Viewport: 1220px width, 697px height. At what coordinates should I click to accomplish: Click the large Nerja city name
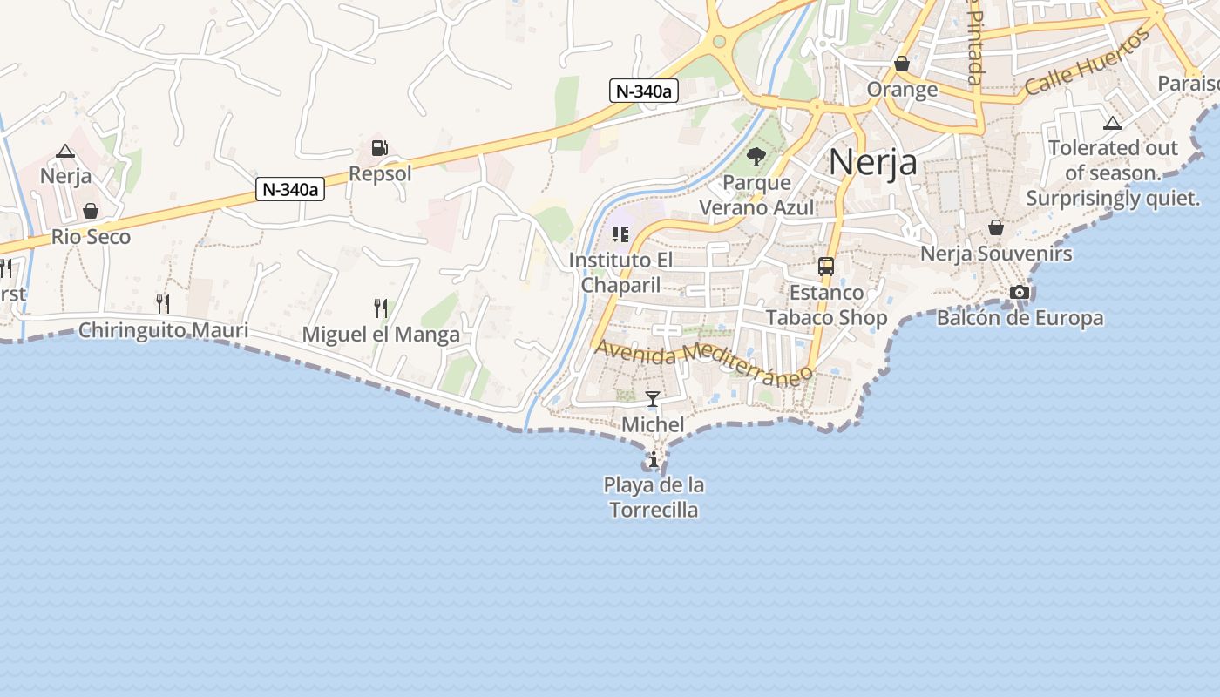[872, 162]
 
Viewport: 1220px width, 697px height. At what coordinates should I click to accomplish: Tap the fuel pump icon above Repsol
[379, 148]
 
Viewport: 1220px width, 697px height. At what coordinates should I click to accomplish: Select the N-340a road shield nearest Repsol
[290, 189]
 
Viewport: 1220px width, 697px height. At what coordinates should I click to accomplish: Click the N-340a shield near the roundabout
[643, 91]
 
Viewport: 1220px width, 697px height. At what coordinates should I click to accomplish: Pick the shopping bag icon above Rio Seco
[91, 211]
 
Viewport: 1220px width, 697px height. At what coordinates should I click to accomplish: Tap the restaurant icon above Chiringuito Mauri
[162, 303]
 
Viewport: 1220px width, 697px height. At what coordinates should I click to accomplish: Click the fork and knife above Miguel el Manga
[381, 308]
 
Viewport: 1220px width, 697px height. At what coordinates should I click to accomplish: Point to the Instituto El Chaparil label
[620, 272]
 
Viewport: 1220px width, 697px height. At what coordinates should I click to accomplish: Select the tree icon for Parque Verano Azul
[756, 157]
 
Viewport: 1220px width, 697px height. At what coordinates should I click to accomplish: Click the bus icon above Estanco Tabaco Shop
[826, 267]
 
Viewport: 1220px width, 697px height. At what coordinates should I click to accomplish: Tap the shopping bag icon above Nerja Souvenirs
[996, 227]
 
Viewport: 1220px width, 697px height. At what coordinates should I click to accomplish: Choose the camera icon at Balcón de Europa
[1020, 292]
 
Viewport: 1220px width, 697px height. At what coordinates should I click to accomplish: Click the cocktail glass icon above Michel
[653, 399]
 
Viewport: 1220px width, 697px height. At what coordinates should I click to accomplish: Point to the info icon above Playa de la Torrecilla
[654, 459]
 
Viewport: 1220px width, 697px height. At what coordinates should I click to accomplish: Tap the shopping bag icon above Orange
[902, 64]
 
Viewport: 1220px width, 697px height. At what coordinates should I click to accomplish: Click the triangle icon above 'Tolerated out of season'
[1112, 123]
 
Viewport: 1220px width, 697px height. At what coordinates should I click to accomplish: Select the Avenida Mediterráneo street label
[704, 359]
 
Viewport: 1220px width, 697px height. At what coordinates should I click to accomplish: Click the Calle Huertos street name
[1088, 63]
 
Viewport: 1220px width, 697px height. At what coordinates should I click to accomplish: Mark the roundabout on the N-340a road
[719, 41]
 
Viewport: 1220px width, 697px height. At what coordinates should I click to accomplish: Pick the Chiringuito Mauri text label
[163, 331]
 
